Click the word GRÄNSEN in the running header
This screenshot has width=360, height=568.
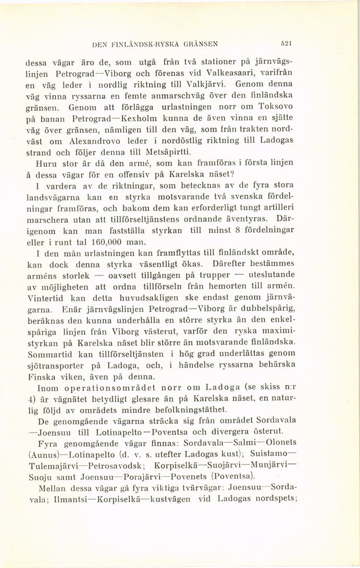tap(199, 44)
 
